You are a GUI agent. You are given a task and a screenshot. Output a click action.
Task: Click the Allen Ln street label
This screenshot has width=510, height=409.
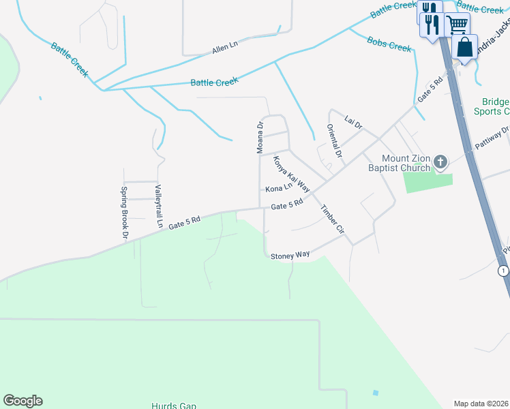(224, 46)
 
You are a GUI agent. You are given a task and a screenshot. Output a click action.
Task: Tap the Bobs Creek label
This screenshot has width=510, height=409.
(389, 44)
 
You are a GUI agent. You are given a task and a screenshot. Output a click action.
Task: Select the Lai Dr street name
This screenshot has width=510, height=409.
(353, 123)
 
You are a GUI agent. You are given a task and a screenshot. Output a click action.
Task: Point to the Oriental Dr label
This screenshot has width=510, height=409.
(333, 142)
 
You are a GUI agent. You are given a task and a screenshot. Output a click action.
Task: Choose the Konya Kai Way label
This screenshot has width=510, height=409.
(292, 174)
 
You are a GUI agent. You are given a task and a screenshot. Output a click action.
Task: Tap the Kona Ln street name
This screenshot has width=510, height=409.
(278, 188)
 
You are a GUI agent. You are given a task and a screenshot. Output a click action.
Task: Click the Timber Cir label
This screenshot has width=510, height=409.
(333, 220)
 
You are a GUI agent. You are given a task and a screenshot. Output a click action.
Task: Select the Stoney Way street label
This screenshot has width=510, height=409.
(290, 256)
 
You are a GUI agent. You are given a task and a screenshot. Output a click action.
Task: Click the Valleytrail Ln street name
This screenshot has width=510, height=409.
(158, 206)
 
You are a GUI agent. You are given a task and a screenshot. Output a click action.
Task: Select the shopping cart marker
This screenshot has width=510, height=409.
(457, 25)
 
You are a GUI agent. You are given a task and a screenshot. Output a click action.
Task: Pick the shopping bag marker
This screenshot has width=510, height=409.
(465, 48)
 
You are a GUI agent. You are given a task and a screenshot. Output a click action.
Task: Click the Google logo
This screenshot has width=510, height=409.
(22, 401)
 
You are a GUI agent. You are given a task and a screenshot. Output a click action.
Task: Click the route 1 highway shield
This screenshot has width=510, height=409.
(503, 271)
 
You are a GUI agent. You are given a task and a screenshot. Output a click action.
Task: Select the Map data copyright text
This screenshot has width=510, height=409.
(481, 404)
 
